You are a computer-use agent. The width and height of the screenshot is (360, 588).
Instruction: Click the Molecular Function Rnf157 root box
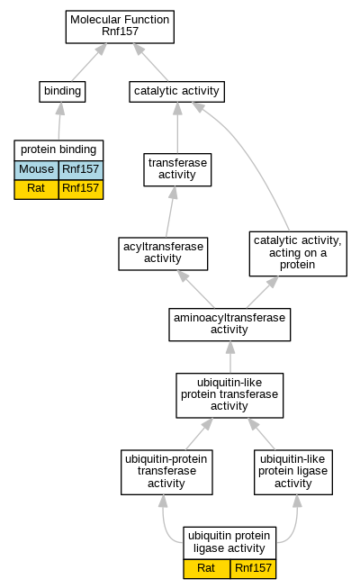click(120, 27)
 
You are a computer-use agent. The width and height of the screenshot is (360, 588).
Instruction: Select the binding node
click(62, 92)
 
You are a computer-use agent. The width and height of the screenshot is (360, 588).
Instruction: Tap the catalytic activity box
click(177, 92)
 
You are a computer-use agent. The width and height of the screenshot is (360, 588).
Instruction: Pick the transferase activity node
click(177, 169)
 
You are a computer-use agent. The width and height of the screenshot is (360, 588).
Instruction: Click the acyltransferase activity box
click(163, 254)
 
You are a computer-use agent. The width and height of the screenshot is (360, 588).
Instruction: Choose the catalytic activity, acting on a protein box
click(298, 254)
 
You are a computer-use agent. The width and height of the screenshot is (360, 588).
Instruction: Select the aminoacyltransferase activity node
click(229, 325)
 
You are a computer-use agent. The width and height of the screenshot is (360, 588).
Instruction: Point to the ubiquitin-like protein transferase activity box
click(229, 395)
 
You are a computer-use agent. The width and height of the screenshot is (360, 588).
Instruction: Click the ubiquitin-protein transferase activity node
click(166, 472)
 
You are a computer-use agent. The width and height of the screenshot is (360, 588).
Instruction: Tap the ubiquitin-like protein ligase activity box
click(293, 472)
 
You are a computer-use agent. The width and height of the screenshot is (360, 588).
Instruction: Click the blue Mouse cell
click(36, 170)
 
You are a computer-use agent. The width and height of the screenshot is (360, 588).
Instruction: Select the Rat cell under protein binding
click(36, 189)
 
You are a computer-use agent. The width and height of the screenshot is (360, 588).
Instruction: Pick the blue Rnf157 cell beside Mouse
click(81, 170)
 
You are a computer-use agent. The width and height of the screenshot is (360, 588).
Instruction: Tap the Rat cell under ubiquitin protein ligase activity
click(207, 569)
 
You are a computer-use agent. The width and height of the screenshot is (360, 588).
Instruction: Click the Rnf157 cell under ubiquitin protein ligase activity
click(253, 569)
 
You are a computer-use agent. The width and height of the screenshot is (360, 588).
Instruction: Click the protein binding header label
click(58, 150)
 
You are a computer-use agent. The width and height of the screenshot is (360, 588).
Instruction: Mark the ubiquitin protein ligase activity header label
click(229, 542)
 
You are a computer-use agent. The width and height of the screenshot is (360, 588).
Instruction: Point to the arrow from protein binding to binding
click(60, 121)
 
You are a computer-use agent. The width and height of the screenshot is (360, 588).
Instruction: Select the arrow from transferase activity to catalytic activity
click(177, 128)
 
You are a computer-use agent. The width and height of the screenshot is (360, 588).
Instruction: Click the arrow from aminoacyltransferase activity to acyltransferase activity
click(195, 289)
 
